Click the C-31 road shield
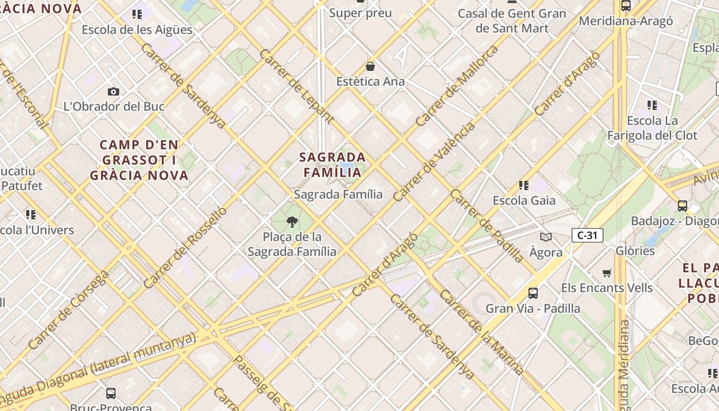587,235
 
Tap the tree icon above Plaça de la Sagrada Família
292,222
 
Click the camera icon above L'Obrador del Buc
113,91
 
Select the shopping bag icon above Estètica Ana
370,66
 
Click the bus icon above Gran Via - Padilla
533,293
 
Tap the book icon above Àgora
545,237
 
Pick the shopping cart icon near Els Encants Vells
607,273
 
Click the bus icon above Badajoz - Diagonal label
682,206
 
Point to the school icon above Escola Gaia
524,185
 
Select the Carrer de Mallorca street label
457,86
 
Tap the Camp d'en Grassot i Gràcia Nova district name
139,160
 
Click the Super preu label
360,13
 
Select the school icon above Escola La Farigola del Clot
652,105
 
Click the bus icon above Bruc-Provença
110,394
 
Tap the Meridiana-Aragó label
626,21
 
